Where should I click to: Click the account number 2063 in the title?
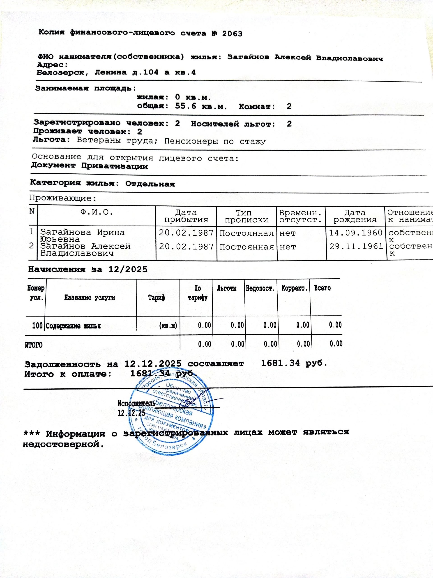tap(232, 34)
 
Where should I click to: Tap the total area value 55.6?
tap(185, 106)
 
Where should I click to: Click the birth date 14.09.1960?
tap(355, 233)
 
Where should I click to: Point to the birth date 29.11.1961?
tap(356, 246)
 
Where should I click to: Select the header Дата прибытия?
tap(186, 216)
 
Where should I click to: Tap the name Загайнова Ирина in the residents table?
tap(82, 232)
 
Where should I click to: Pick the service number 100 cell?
tap(37, 326)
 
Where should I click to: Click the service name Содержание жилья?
tap(73, 326)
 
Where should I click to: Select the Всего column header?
tap(322, 288)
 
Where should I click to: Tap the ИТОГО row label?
tap(34, 345)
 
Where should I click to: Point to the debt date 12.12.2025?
tap(153, 364)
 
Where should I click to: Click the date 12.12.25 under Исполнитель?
tap(131, 413)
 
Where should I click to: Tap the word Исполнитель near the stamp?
tap(136, 403)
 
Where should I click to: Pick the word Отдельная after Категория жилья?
tap(150, 184)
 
